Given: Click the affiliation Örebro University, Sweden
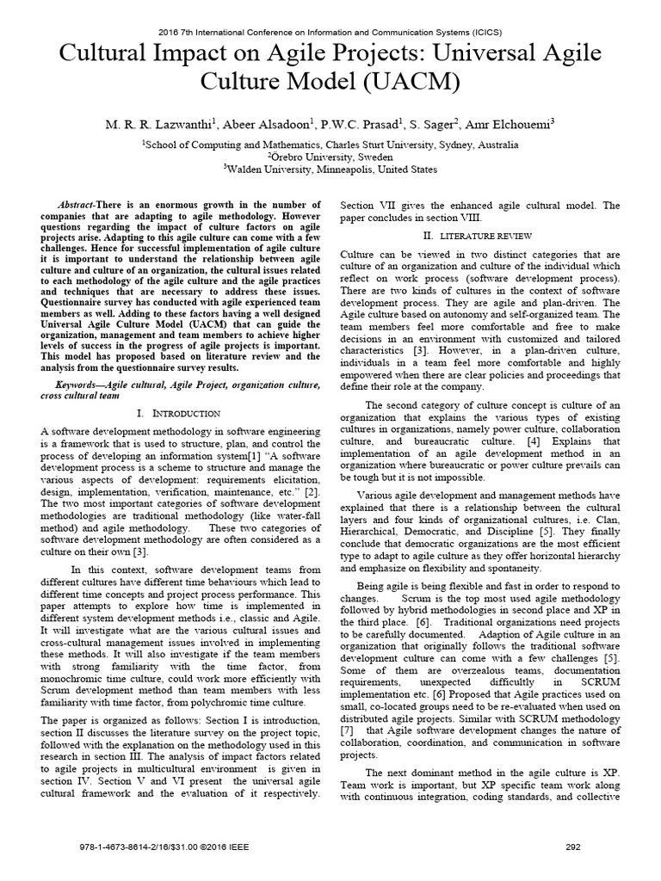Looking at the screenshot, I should coord(330,157).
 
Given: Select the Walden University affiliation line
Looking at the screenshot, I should coord(330,169).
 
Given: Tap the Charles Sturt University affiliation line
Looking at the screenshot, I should coord(330,145).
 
